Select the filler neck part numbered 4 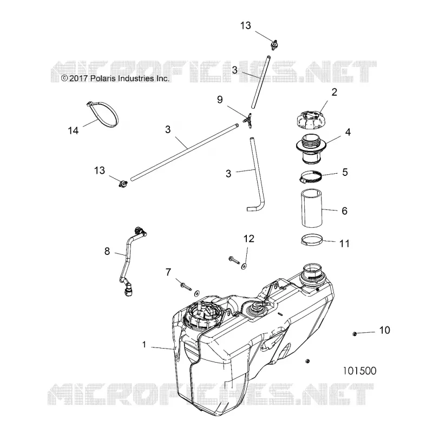point(311,149)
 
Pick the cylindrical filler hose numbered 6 point(312,208)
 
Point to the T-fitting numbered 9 point(248,120)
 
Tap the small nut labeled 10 point(355,334)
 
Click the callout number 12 point(249,239)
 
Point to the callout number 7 point(168,272)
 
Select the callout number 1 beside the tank point(144,344)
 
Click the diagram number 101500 point(359,371)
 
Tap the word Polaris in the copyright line point(103,78)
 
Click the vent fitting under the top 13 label point(274,45)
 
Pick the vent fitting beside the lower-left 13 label point(123,183)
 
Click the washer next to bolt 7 point(197,293)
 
